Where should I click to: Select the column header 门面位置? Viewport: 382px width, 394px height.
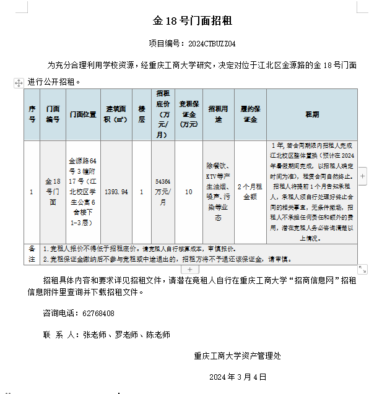click(83, 114)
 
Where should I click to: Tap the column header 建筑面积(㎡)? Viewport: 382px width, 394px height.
click(116, 114)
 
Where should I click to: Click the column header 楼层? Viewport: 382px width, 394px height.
click(142, 114)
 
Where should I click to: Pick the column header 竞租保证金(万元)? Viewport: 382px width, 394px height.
click(188, 114)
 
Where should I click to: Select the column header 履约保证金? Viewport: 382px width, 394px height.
click(250, 114)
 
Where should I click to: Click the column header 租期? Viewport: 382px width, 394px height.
click(312, 114)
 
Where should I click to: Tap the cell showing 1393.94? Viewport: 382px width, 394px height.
click(116, 192)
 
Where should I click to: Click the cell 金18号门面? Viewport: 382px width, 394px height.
click(53, 192)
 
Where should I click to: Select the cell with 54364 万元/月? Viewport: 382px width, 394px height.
click(163, 192)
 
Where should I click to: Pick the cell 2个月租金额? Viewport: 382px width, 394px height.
click(250, 192)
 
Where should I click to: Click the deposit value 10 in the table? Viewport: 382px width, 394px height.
click(188, 192)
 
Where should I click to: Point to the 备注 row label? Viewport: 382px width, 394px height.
click(32, 254)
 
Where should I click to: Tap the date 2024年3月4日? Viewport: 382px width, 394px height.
click(238, 377)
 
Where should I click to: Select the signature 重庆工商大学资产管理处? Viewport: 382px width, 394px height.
click(238, 356)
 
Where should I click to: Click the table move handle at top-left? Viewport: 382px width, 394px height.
click(19, 82)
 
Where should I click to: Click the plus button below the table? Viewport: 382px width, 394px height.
click(189, 269)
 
